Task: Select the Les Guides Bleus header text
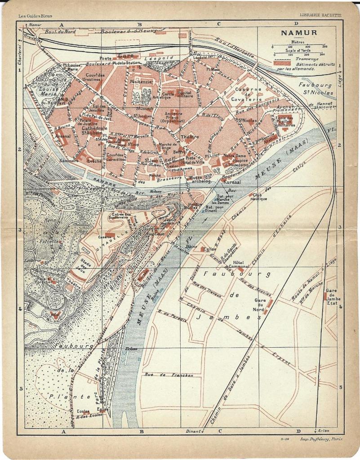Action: pos(35,16)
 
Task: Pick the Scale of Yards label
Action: pos(298,50)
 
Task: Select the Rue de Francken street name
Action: pos(169,375)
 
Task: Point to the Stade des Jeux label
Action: pos(86,263)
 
